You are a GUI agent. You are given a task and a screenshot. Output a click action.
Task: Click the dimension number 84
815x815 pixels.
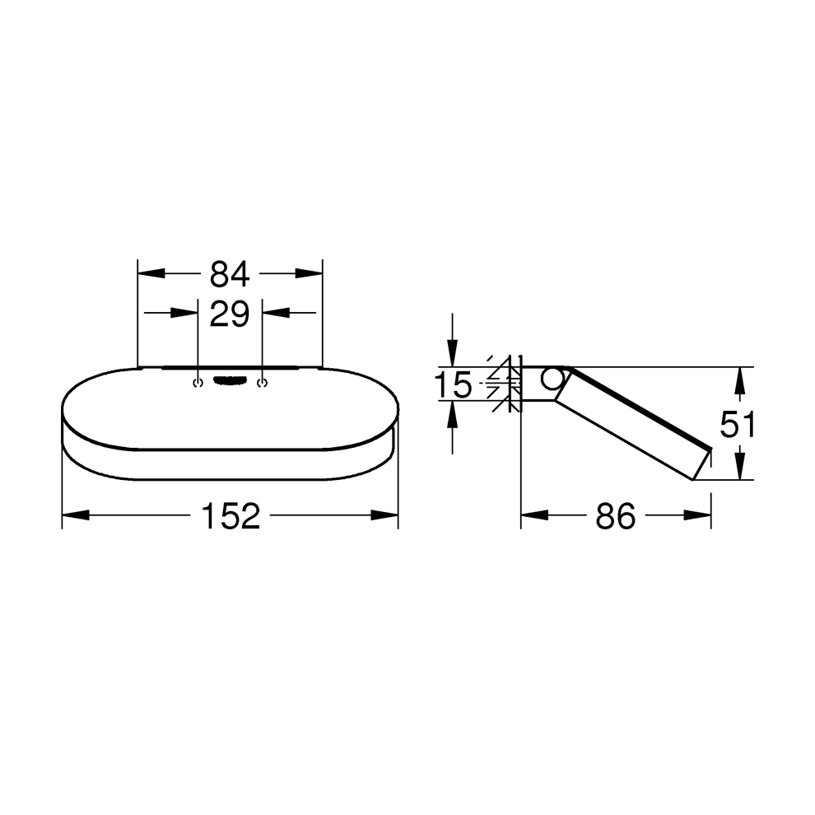(x=230, y=272)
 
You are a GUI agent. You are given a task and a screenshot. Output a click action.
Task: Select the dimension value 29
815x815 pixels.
(x=230, y=314)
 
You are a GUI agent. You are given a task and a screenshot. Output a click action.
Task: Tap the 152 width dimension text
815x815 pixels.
(x=230, y=516)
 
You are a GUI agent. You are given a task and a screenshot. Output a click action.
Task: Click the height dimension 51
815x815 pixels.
(x=738, y=425)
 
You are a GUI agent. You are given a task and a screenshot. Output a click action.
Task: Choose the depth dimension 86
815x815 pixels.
(x=616, y=516)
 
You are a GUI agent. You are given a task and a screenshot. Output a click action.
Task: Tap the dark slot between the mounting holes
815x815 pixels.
(x=230, y=380)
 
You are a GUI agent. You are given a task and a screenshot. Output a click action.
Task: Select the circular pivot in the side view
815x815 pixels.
(x=553, y=380)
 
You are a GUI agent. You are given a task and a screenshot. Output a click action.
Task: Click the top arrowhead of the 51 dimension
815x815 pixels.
(x=739, y=380)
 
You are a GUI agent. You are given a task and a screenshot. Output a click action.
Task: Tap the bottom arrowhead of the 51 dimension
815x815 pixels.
(x=739, y=468)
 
